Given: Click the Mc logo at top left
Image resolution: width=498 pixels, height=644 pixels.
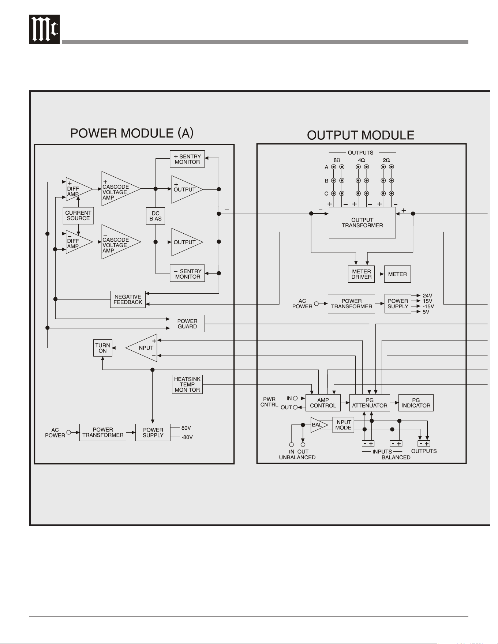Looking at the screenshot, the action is point(44,29).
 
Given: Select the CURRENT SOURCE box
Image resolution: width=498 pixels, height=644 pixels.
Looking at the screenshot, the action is point(78,215).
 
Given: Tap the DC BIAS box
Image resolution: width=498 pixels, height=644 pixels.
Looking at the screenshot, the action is point(156,216).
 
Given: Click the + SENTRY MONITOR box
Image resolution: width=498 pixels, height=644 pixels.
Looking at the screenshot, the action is point(187,159).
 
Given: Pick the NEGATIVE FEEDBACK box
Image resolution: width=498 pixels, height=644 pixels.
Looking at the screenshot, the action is point(128,300).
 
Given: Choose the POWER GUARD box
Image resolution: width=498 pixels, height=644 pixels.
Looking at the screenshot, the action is point(187,324).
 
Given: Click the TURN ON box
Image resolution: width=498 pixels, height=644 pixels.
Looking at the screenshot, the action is point(102,348).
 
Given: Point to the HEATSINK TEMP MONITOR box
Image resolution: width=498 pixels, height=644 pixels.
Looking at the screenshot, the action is point(187,384).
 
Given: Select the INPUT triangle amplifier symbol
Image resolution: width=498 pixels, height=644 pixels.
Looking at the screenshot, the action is point(142,348).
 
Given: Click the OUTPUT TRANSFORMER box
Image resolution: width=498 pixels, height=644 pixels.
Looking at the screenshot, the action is point(362,223).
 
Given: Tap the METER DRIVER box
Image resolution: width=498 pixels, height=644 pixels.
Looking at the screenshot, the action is point(361,274).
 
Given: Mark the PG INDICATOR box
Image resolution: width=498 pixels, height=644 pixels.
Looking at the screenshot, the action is point(416,403).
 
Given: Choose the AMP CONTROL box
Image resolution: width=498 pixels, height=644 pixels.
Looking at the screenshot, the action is point(323,403).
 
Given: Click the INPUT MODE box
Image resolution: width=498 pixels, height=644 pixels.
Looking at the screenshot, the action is point(343,425).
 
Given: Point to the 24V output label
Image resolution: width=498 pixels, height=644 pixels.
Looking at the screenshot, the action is point(427,295).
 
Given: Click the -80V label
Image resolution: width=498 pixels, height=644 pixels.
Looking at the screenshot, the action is point(187,437).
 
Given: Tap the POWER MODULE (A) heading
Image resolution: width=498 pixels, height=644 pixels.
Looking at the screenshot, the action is point(132,133).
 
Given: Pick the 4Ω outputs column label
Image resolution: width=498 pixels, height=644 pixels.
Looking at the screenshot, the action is point(362,160).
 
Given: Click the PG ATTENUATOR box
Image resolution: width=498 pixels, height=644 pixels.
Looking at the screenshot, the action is point(370,403).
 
